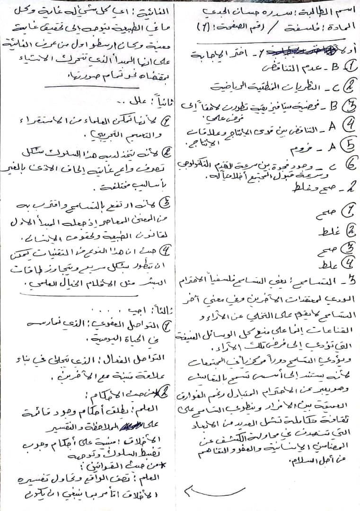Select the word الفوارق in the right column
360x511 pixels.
[x=195, y=394]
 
